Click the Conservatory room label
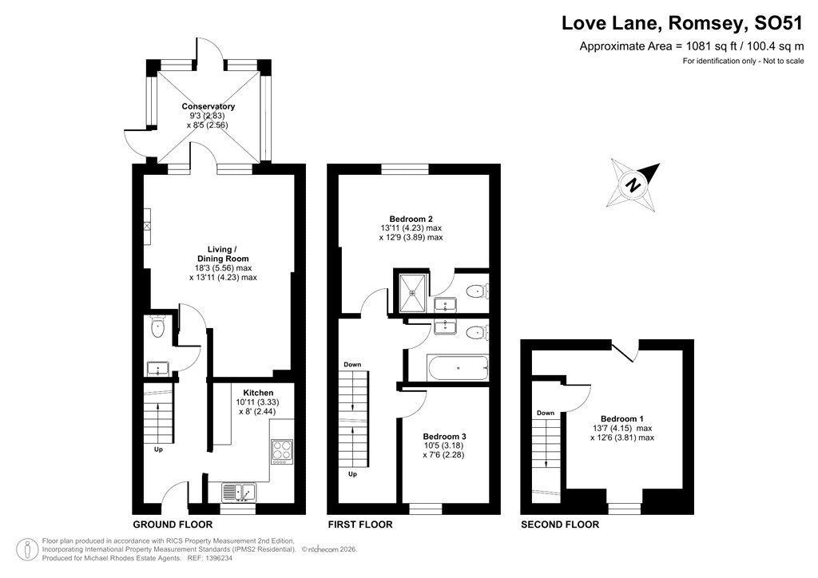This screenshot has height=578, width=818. [208, 106]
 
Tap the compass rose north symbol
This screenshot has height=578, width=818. [635, 184]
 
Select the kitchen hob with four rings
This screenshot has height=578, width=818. [282, 451]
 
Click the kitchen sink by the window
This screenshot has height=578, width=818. [237, 491]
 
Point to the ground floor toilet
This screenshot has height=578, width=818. [157, 326]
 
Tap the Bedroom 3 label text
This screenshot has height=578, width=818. [443, 436]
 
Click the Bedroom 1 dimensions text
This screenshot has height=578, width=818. [621, 432]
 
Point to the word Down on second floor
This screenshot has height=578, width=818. [546, 413]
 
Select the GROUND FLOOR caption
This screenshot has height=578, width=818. [173, 525]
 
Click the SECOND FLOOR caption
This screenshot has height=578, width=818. [559, 525]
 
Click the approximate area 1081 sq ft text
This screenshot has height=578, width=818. [691, 46]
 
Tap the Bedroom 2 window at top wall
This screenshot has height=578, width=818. [404, 168]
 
